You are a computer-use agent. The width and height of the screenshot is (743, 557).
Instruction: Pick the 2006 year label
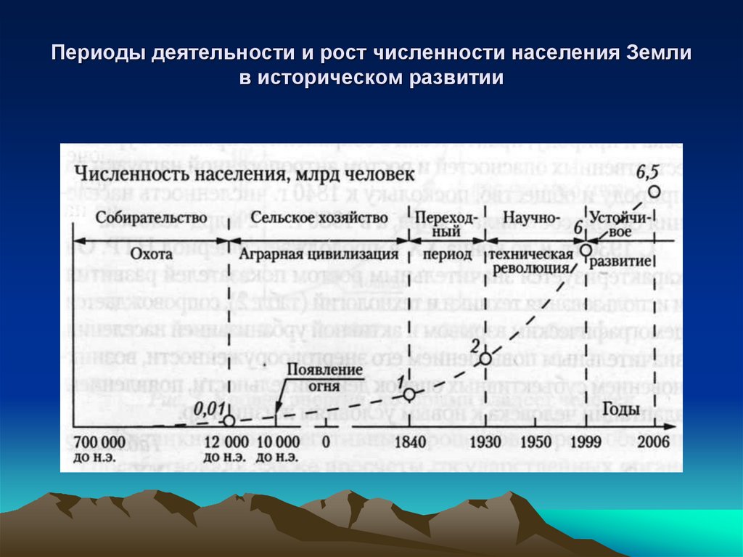click(652, 441)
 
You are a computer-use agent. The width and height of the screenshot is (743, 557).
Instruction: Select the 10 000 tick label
click(277, 441)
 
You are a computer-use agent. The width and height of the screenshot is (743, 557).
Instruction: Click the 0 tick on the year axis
click(325, 441)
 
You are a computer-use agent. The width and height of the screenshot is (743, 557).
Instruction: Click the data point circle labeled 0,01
click(229, 420)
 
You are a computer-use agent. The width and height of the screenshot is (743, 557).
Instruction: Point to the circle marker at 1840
click(409, 394)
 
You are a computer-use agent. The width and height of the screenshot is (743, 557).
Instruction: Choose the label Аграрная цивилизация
click(324, 255)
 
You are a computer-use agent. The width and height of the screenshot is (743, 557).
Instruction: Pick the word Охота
click(152, 255)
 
